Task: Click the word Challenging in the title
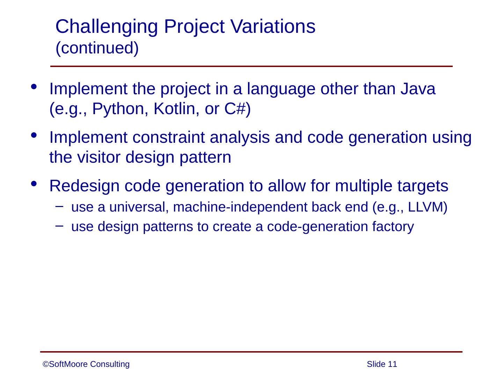(107, 27)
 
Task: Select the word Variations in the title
(273, 27)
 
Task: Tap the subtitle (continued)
(97, 48)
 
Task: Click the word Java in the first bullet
(418, 89)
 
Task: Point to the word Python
(118, 109)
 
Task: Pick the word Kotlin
(174, 109)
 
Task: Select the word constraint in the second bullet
(168, 137)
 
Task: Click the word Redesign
(84, 186)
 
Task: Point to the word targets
(423, 186)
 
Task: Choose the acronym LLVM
(425, 207)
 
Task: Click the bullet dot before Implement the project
(34, 87)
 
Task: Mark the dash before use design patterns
(59, 226)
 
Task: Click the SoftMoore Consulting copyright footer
(86, 364)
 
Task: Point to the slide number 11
(392, 364)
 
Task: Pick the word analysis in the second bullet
(240, 138)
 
